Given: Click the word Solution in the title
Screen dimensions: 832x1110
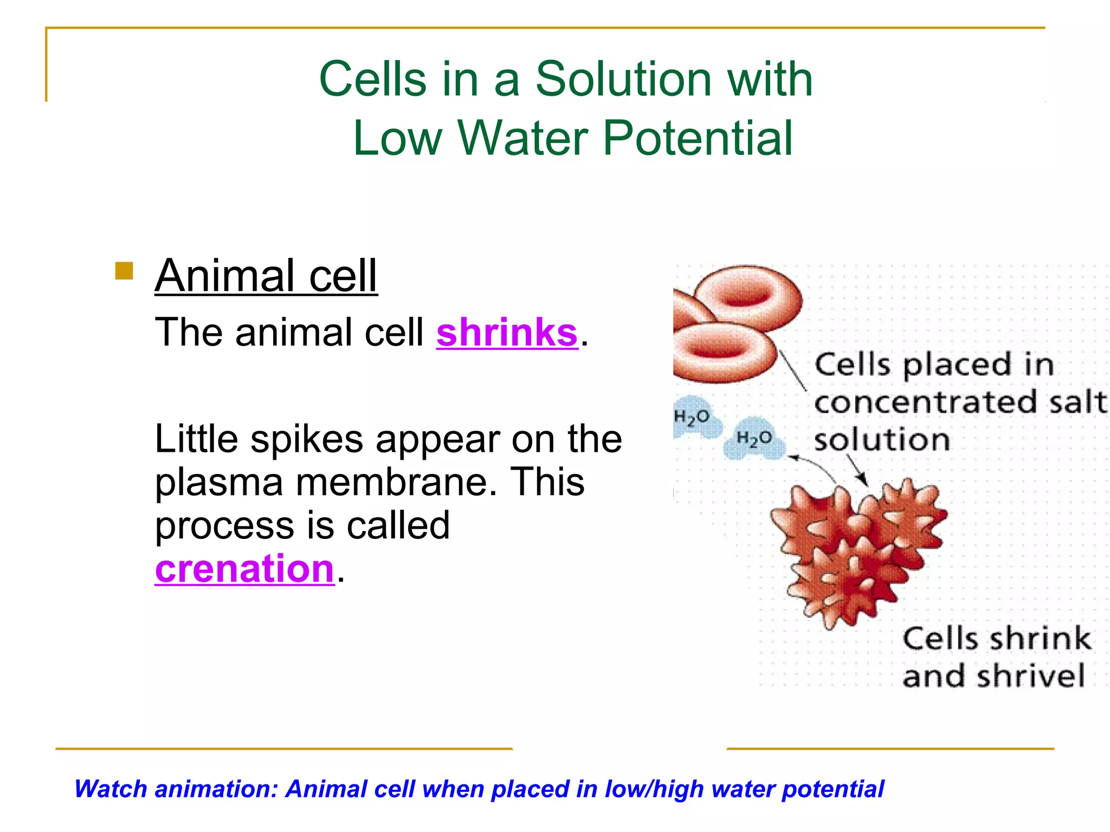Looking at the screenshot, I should click(623, 79).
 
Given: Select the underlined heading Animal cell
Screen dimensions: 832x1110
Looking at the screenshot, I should click(266, 276).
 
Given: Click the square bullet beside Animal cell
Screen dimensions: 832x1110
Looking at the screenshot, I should click(124, 271).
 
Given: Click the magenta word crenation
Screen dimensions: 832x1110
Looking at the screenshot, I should click(244, 568).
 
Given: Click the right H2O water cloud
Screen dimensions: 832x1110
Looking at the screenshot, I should click(754, 438).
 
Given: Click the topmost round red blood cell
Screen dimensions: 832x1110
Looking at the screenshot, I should click(748, 295).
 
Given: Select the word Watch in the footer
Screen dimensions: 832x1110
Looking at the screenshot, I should click(111, 789).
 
